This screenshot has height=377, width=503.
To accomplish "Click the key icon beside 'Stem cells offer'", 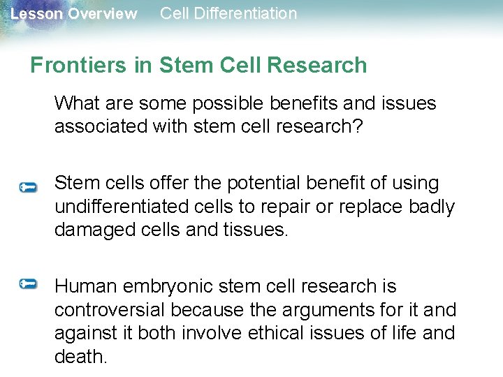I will pyautogui.click(x=28, y=187).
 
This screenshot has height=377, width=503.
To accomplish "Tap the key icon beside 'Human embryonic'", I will pyautogui.click(x=28, y=283).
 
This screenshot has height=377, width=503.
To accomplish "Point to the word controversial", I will pyautogui.click(x=110, y=310).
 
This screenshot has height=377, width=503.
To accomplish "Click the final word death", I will pyautogui.click(x=80, y=357).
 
